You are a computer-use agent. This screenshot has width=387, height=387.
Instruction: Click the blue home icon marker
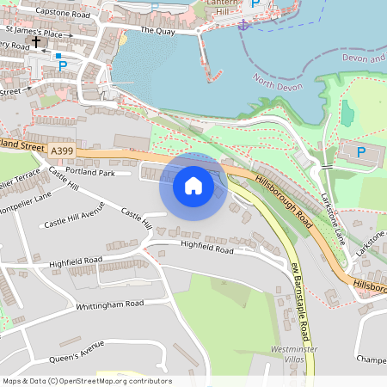point(193,186)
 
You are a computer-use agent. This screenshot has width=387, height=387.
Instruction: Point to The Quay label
point(157,30)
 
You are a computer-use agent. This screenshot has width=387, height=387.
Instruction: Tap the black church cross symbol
point(36,41)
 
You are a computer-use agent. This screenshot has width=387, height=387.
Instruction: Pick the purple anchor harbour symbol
point(243,24)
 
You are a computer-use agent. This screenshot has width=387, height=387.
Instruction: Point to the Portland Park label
point(95,172)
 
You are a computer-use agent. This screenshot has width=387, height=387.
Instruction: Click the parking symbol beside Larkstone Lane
point(360,152)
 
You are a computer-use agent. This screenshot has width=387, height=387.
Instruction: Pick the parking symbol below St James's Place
point(58,56)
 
